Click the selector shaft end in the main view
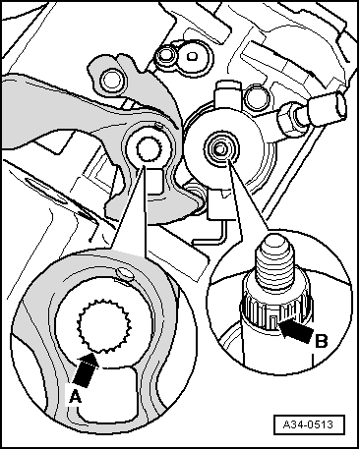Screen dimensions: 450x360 (217, 149)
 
